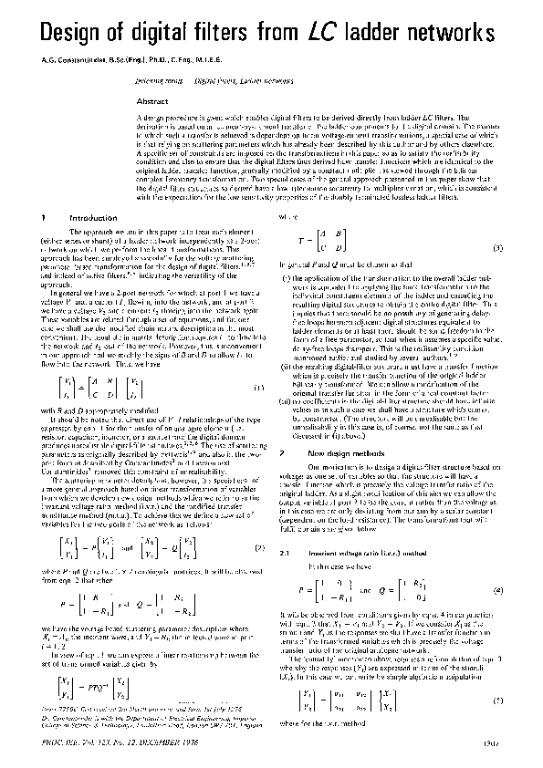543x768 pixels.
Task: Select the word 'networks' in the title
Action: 455,33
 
